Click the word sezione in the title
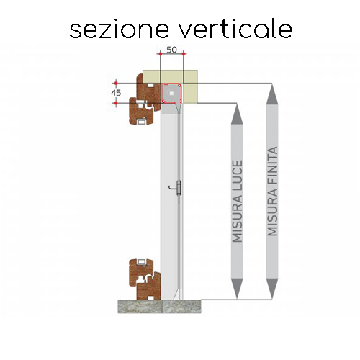pyautogui.click(x=120, y=30)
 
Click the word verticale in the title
pyautogui.click(x=236, y=30)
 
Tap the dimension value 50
pyautogui.click(x=171, y=50)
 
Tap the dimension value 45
pyautogui.click(x=116, y=93)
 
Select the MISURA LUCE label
pyautogui.click(x=237, y=201)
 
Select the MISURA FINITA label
pyautogui.click(x=272, y=191)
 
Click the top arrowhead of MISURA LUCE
pyautogui.click(x=237, y=114)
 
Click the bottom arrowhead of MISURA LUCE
pyautogui.click(x=237, y=289)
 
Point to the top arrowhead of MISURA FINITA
pyautogui.click(x=272, y=94)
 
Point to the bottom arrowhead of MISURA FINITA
pyautogui.click(x=272, y=289)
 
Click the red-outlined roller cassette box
pyautogui.click(x=171, y=93)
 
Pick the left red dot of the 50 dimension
pyautogui.click(x=160, y=54)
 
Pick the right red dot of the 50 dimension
pyautogui.click(x=184, y=54)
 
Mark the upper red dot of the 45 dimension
pyautogui.click(x=116, y=84)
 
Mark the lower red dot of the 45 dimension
pyautogui.click(x=116, y=103)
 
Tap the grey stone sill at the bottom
pyautogui.click(x=159, y=307)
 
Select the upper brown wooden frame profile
pyautogui.click(x=145, y=99)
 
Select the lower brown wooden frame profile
pyautogui.click(x=145, y=279)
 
